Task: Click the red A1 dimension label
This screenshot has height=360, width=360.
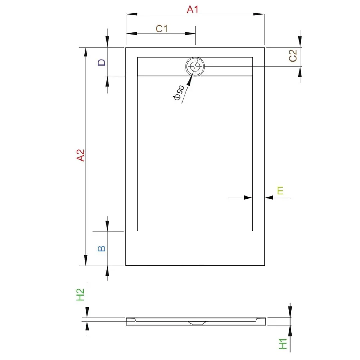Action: (192, 9)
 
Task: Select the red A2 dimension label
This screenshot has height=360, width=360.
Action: (80, 155)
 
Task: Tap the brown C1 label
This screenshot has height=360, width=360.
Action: (162, 29)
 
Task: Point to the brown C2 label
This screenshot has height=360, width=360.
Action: (293, 55)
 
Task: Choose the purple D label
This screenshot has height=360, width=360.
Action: (102, 62)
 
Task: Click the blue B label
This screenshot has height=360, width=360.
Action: (102, 248)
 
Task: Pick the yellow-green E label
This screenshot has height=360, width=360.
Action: (280, 190)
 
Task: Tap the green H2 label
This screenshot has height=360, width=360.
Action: (80, 294)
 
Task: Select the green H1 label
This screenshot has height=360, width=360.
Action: (283, 344)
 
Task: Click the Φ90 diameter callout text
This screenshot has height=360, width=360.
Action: (179, 93)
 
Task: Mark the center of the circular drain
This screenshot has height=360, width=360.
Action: (195, 66)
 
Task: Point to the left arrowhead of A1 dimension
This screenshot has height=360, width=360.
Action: (131, 14)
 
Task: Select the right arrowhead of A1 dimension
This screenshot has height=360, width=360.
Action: (259, 14)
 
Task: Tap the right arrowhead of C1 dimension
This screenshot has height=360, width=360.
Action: (190, 33)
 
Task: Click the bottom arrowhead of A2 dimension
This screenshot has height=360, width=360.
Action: (86, 260)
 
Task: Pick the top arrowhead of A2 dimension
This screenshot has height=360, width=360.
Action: (86, 53)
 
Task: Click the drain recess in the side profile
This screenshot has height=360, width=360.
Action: (197, 323)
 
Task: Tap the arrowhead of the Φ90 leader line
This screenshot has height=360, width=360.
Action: (189, 81)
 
